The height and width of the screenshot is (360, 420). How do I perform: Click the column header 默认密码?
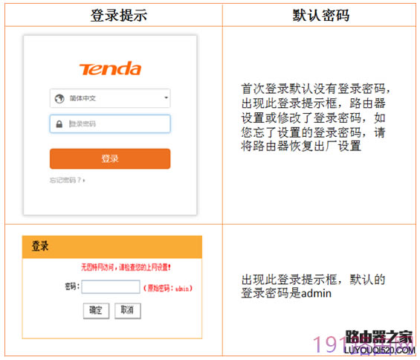[321, 15]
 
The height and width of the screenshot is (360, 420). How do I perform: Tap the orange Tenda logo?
[110, 69]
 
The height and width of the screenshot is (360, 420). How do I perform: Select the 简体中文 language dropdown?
[110, 97]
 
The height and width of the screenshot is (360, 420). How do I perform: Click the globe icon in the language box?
[58, 97]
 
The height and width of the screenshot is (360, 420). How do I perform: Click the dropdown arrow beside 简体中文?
[166, 97]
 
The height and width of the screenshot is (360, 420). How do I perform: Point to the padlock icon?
[58, 123]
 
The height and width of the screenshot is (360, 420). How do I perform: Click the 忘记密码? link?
[67, 180]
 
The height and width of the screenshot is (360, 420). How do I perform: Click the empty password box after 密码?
[111, 287]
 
